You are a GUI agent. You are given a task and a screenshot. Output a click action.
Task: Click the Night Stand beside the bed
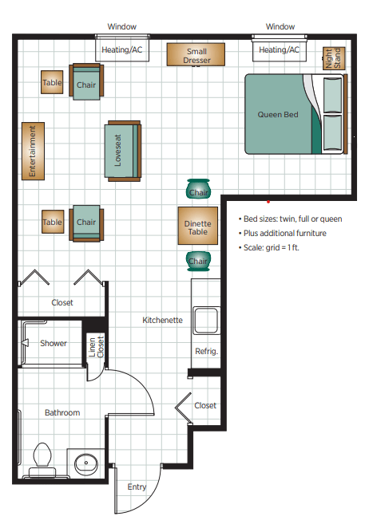[x=334, y=58]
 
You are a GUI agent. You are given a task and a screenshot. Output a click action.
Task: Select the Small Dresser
[x=196, y=54]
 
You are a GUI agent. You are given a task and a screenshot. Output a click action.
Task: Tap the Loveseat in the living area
[x=123, y=151]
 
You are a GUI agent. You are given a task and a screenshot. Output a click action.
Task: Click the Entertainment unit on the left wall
[x=33, y=151]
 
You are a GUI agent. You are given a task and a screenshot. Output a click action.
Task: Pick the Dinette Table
[x=198, y=226]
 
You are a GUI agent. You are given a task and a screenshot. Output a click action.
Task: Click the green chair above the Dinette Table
[x=198, y=189]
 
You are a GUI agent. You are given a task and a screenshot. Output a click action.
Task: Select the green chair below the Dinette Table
[x=198, y=261]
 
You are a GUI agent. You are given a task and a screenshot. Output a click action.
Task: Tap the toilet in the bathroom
[x=42, y=459]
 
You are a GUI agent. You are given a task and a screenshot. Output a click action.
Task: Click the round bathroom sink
[x=86, y=463]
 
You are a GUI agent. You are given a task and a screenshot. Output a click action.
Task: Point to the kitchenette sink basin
[x=206, y=321]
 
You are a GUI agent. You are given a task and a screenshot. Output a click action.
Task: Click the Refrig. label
[x=206, y=351]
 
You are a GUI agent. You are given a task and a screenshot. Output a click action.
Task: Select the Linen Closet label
[x=96, y=347]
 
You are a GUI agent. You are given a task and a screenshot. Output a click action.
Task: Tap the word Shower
[x=54, y=343]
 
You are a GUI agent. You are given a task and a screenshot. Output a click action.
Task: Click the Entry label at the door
[x=137, y=487]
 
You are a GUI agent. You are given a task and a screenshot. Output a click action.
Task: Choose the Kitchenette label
[x=163, y=320]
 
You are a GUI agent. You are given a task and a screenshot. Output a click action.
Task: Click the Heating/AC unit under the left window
[x=122, y=50]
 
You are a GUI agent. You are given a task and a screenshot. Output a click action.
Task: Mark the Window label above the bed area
[x=280, y=27]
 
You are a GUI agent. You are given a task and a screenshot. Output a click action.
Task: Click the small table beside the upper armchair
[x=52, y=82]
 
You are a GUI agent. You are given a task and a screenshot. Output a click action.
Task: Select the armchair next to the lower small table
[x=86, y=223]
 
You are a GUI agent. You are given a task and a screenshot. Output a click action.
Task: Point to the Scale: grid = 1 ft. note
[x=268, y=247]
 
